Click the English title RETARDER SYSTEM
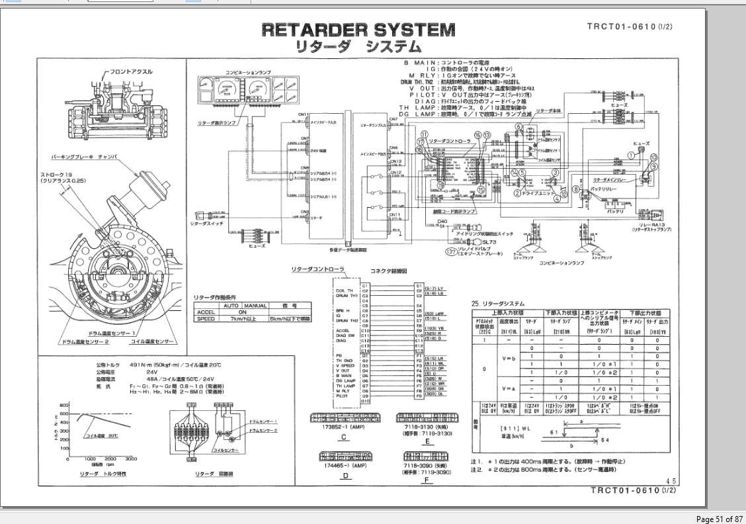click(358, 30)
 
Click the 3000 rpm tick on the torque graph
click(130, 459)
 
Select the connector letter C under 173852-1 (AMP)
click(343, 437)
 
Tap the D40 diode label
click(442, 221)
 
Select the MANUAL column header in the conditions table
click(255, 306)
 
